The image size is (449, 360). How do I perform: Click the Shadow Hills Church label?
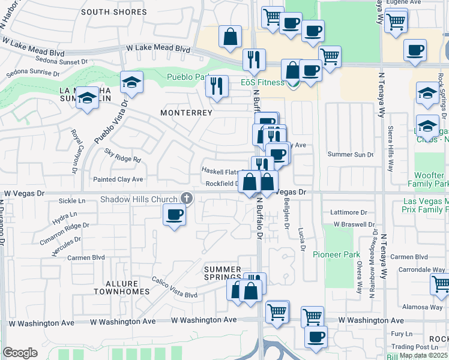[x=140, y=199]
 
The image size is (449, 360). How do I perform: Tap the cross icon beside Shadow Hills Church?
[x=187, y=198]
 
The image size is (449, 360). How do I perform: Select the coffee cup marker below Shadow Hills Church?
[x=174, y=215]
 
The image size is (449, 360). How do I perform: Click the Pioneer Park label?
[x=336, y=254]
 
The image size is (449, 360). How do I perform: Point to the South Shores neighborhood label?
[x=113, y=12]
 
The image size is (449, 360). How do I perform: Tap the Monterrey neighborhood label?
[x=187, y=113]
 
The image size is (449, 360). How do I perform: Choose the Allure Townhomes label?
[x=121, y=287]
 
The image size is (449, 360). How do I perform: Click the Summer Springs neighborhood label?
[x=222, y=274]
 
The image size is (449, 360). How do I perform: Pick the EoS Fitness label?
[x=262, y=82]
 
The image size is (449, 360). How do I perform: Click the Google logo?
[x=20, y=352]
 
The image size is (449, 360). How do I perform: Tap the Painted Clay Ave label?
[x=118, y=179]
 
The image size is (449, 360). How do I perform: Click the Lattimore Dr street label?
[x=349, y=212]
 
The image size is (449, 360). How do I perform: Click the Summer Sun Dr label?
[x=351, y=154]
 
